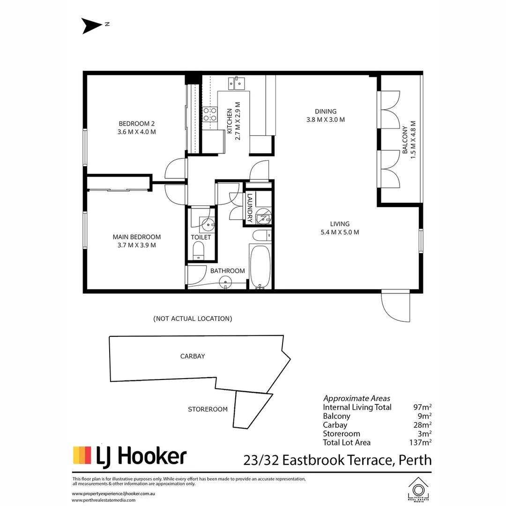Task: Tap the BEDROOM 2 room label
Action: (136, 124)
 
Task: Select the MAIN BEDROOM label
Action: (136, 237)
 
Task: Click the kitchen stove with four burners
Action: (210, 114)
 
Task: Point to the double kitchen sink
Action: (237, 83)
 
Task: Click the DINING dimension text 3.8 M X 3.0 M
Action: (326, 119)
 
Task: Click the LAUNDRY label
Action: (250, 208)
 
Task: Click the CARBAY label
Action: (193, 356)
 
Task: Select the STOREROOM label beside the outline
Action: (208, 409)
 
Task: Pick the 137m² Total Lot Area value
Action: (420, 442)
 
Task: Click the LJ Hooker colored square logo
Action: (82, 455)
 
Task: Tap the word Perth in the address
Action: (415, 460)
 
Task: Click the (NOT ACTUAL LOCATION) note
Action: (193, 319)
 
